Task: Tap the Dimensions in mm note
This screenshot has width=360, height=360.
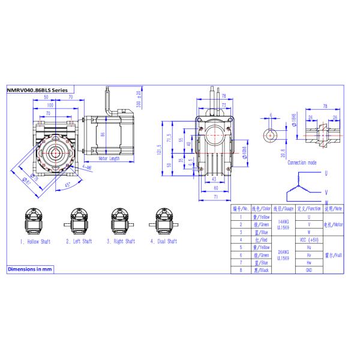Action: coord(30,269)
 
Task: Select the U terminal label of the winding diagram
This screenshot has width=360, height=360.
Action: coord(325,173)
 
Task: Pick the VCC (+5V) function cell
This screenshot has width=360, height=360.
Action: coord(308,239)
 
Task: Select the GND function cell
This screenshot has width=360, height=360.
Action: coord(308,270)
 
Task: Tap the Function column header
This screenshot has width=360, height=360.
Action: coord(308,208)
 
